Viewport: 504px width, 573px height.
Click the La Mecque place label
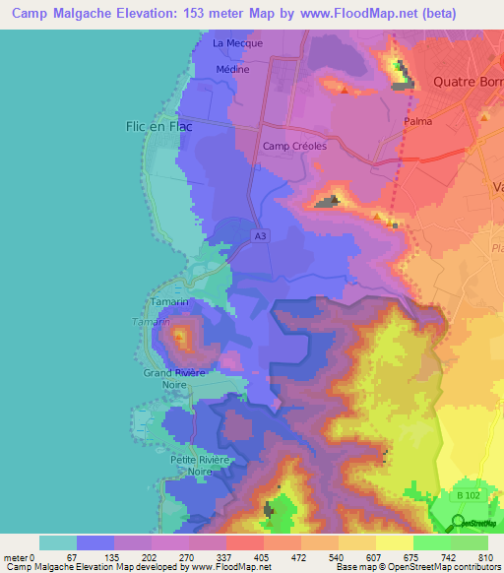[232, 44]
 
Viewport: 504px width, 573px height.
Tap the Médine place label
[232, 70]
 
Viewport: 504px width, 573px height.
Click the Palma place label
[419, 122]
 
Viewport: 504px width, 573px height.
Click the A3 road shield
[259, 236]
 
